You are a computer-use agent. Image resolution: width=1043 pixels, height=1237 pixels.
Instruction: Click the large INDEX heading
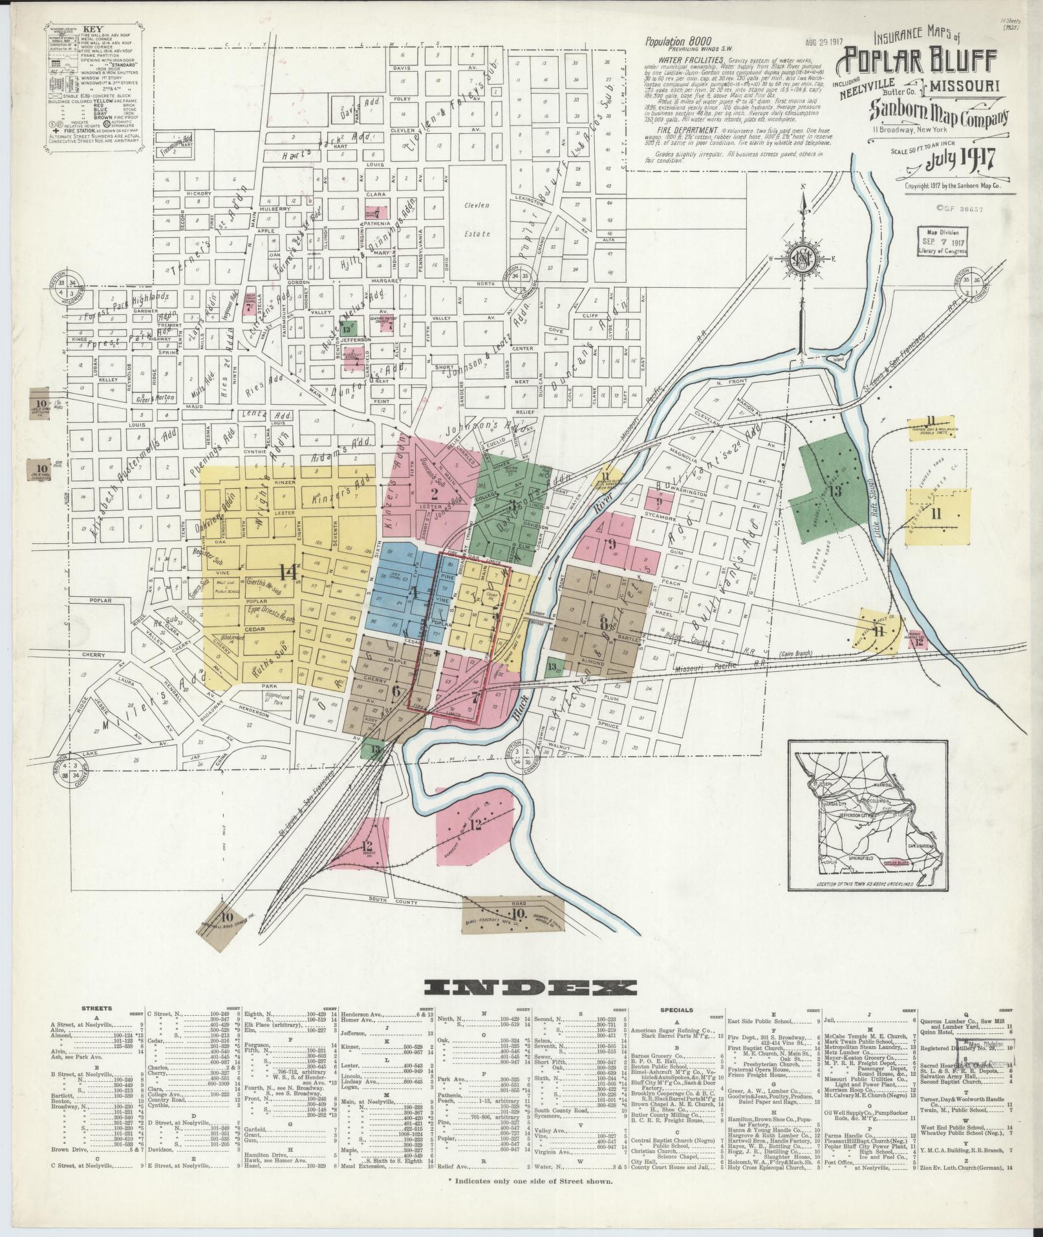(x=530, y=1006)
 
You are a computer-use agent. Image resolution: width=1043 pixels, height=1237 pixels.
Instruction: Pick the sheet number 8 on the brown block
(x=604, y=625)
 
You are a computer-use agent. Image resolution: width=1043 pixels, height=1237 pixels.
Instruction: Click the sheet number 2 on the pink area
(x=434, y=493)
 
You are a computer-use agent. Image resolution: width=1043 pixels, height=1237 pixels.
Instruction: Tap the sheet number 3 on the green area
(x=512, y=505)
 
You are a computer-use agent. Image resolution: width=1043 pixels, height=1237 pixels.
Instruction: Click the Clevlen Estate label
(x=477, y=220)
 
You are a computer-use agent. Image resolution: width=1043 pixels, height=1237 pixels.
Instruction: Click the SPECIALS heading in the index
(x=677, y=1027)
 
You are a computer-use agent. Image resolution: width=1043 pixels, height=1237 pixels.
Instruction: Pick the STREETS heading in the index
(x=98, y=1026)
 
